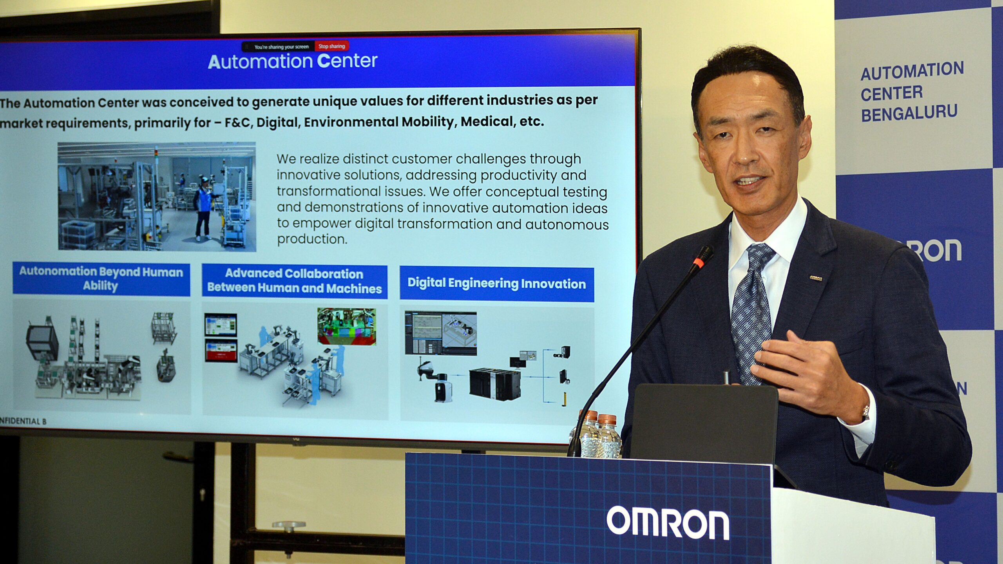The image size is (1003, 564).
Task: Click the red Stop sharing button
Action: point(331,46)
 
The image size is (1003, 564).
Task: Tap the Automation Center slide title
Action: point(292,61)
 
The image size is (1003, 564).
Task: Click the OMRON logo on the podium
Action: point(668,523)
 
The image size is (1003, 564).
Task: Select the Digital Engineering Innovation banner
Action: point(496,284)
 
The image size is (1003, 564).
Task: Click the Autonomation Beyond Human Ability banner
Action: point(101,279)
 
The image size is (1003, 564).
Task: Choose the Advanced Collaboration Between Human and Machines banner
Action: point(294,281)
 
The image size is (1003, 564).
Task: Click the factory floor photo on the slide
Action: point(157,196)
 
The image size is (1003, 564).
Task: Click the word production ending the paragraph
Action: point(312,239)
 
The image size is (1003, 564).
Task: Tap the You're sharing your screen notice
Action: point(281,47)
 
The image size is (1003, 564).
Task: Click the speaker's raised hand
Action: point(807,372)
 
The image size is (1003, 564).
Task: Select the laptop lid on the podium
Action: point(703,423)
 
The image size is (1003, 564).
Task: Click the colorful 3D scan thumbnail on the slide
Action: point(346,326)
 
